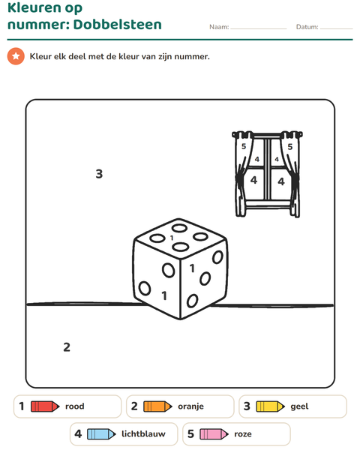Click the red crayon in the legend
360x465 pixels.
(x=45, y=406)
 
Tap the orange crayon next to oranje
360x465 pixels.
(x=157, y=406)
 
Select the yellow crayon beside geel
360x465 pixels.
(x=271, y=406)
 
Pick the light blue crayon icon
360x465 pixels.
(x=101, y=434)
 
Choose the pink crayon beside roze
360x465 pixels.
(x=214, y=434)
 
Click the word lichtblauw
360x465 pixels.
(x=143, y=433)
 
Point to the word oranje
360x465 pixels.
(x=190, y=406)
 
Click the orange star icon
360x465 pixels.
(x=16, y=56)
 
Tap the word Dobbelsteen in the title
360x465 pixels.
(x=118, y=24)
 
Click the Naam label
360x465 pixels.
(x=219, y=27)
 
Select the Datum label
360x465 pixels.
(x=307, y=27)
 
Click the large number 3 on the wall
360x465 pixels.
(x=99, y=174)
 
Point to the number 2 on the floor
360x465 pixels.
(x=67, y=347)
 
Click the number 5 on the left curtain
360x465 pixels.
(x=244, y=146)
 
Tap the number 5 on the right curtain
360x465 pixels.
(x=290, y=146)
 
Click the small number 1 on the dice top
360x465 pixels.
(x=172, y=238)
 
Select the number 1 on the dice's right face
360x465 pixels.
(x=192, y=268)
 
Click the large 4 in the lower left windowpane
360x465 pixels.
(x=253, y=180)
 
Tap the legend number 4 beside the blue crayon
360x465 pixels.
(x=78, y=434)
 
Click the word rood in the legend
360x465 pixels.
(x=75, y=406)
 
